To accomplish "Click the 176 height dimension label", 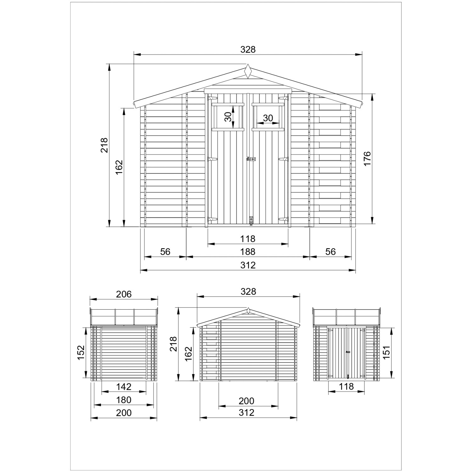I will click(x=367, y=159).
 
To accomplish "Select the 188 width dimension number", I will click(x=248, y=252).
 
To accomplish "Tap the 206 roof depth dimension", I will click(x=124, y=294).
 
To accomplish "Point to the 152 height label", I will click(x=81, y=353).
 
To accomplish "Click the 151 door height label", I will click(x=387, y=352).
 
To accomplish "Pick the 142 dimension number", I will click(x=124, y=386).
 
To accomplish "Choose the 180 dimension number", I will click(x=124, y=400).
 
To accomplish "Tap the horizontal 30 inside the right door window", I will click(x=268, y=118).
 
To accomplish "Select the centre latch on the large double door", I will click(x=251, y=160).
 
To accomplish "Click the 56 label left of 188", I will click(x=165, y=252).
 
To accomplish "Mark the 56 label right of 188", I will click(x=331, y=252).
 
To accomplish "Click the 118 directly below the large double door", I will click(x=248, y=239).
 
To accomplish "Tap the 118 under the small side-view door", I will click(x=346, y=386).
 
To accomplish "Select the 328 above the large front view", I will click(x=248, y=49).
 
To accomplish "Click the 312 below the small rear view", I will click(x=246, y=413).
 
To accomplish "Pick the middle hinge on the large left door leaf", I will click(x=213, y=160).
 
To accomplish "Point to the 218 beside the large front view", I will click(x=104, y=145).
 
